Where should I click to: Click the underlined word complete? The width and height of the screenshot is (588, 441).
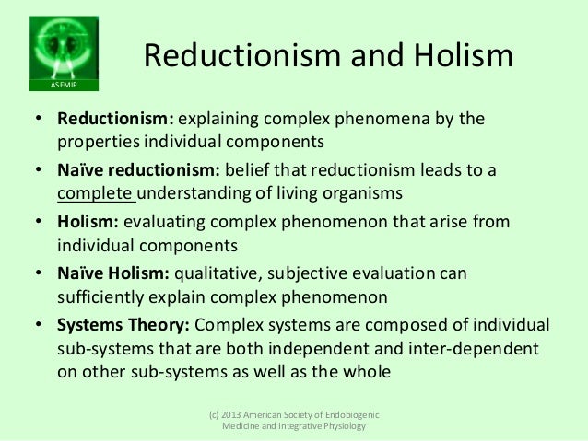(x=95, y=193)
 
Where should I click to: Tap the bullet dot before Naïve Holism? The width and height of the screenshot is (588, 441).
(x=41, y=273)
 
